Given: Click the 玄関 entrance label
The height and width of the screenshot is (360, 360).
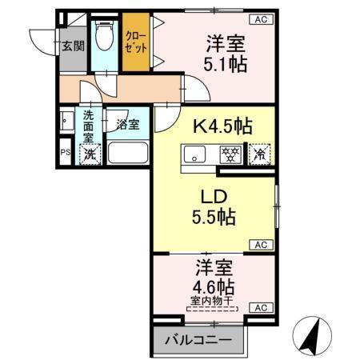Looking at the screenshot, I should (x=73, y=46).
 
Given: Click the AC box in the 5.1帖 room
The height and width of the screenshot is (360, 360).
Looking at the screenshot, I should (x=261, y=20).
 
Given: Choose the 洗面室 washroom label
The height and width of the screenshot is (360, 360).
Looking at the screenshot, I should (x=89, y=125).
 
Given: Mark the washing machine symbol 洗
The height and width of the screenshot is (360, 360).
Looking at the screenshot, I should (x=90, y=154).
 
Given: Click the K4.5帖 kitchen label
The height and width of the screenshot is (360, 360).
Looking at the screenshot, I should (x=222, y=126).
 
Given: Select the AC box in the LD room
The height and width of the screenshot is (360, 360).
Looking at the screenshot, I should (x=261, y=245).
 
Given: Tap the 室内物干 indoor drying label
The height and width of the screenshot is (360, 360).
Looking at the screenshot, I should (x=213, y=302).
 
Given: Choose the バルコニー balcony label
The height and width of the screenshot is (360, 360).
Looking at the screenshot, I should (x=199, y=340).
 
